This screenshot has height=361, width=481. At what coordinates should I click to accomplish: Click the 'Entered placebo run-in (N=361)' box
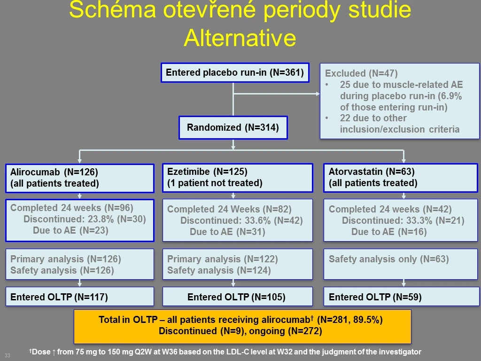(x=235, y=73)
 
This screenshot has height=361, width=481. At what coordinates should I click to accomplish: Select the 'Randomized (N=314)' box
(x=233, y=127)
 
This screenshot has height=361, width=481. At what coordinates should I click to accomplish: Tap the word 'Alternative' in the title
(x=240, y=38)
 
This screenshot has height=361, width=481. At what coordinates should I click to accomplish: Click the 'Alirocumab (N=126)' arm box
(x=80, y=178)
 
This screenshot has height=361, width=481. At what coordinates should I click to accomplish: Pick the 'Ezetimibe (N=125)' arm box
(x=238, y=178)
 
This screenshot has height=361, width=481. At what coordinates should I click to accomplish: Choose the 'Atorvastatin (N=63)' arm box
(x=401, y=178)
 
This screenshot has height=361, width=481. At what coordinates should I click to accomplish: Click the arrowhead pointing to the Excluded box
(x=318, y=94)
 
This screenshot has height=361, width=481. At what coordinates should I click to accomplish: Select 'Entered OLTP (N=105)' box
(x=238, y=297)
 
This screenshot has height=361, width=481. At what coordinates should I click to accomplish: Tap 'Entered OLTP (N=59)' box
(x=402, y=297)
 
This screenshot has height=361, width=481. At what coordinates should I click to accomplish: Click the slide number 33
(x=8, y=355)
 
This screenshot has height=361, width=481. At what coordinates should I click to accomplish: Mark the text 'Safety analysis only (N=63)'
(x=388, y=259)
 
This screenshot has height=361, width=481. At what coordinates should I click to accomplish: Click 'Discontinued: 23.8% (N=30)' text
(x=85, y=219)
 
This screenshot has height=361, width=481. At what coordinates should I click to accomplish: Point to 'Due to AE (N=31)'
(x=227, y=232)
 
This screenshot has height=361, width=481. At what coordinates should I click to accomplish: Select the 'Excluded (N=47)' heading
(x=361, y=73)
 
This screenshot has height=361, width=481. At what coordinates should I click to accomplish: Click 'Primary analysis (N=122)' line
(x=222, y=259)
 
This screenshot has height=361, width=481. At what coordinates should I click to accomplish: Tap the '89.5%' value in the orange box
(x=367, y=320)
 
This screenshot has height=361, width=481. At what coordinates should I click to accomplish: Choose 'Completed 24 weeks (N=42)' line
(x=390, y=209)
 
